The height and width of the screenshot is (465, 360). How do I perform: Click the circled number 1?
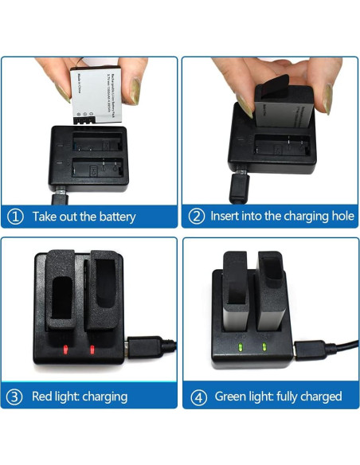pos(15,216)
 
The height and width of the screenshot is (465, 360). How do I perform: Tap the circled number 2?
pos(196,216)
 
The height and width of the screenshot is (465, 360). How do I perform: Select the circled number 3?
pos(15,396)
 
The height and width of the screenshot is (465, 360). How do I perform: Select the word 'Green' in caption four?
pos(229,397)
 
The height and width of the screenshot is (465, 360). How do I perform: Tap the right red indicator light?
pos(91,350)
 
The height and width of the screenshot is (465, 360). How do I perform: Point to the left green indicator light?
pos(240,347)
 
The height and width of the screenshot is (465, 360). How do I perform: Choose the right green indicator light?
pos(264,347)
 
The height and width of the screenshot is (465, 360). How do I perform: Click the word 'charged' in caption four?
pos(318,397)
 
